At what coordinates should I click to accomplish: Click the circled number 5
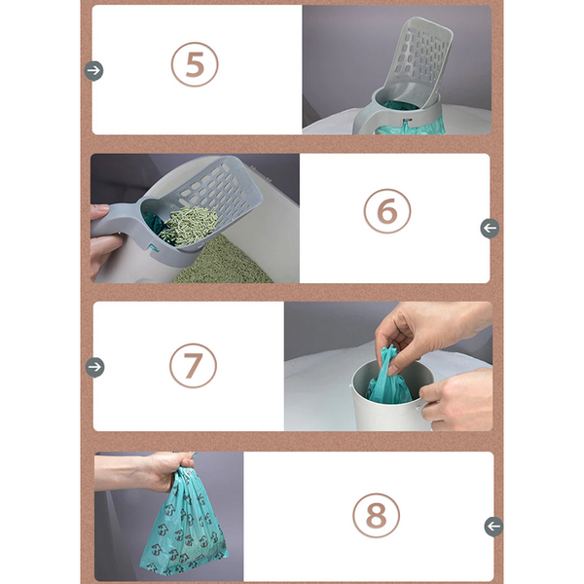(x=195, y=65)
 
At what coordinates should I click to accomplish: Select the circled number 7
(x=193, y=366)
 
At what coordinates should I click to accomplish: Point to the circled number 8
(x=376, y=516)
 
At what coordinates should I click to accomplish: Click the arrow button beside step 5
(x=93, y=70)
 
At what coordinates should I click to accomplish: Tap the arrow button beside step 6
(x=490, y=228)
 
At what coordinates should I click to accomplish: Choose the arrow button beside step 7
(x=94, y=367)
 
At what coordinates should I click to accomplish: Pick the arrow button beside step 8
(x=493, y=526)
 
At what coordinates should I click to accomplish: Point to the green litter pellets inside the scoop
(x=185, y=224)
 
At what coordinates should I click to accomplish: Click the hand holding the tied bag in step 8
(x=156, y=469)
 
